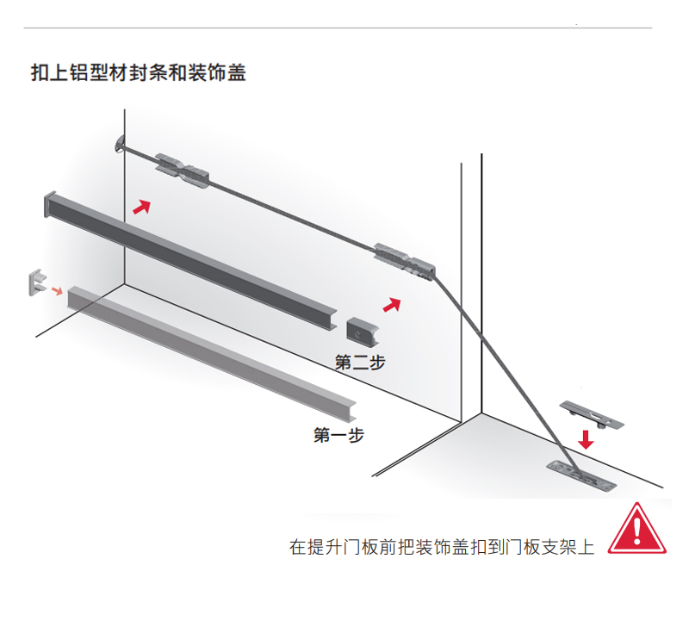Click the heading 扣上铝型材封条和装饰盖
[139, 72]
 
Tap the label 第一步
[338, 435]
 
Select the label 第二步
[359, 363]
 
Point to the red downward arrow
[586, 438]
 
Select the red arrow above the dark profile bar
[140, 206]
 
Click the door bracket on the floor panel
[580, 474]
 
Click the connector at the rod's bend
[405, 261]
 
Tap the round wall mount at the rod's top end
[118, 146]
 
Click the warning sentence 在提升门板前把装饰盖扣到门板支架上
[442, 546]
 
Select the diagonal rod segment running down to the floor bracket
[500, 366]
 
